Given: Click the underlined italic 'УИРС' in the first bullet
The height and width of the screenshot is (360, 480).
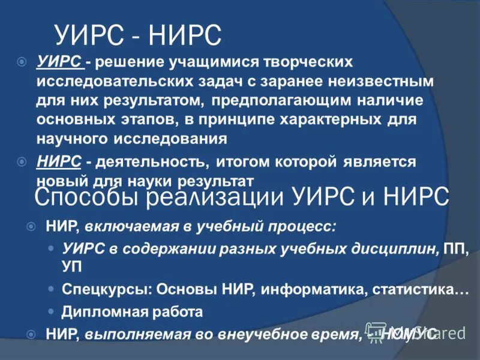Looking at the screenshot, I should [x=59, y=62].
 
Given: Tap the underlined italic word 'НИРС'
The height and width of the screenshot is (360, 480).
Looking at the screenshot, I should [x=59, y=162].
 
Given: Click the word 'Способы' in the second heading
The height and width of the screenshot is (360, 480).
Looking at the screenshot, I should [x=82, y=196].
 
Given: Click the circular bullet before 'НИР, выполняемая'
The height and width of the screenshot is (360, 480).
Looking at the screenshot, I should [x=32, y=334].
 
